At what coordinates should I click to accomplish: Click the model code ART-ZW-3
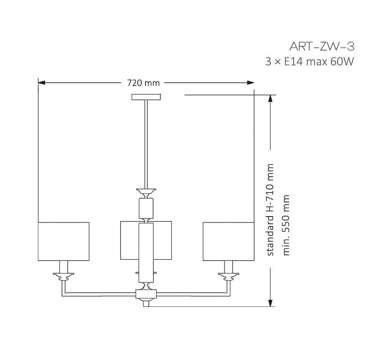[322, 47]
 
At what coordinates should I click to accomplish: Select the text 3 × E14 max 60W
[309, 61]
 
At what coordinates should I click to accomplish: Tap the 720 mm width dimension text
[143, 83]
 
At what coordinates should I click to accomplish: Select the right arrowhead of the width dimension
[250, 83]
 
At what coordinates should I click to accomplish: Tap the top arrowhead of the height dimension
[271, 98]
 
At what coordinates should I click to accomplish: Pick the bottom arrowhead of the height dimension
[271, 303]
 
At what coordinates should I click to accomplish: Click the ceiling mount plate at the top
[146, 97]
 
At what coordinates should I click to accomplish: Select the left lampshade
[64, 241]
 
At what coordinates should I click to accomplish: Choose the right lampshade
[228, 241]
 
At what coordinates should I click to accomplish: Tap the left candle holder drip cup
[64, 275]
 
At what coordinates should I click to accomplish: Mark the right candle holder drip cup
[228, 275]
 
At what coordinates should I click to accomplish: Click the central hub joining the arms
[146, 294]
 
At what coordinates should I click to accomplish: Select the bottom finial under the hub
[146, 303]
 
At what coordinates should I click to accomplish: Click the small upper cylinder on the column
[146, 208]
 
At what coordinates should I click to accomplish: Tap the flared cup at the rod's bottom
[146, 191]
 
